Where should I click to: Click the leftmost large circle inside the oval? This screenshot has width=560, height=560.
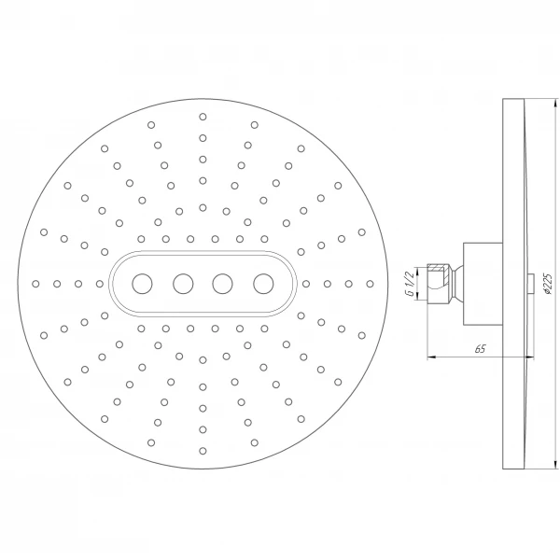142,282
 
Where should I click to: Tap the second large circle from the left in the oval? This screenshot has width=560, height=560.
183,282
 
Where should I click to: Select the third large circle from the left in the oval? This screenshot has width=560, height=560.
223,282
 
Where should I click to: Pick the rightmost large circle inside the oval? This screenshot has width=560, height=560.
263,282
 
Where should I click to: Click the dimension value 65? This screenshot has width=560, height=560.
480,349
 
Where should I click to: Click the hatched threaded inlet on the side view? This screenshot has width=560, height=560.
437,282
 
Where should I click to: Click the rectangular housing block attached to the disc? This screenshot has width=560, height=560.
482,282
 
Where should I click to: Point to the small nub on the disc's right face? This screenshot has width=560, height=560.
530,282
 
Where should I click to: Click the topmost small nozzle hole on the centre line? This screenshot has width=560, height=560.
203,117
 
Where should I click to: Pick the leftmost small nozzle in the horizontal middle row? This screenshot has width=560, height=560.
35,282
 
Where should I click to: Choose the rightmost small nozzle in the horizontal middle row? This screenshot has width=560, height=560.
370,282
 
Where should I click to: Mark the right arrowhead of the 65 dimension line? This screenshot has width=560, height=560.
530,357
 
